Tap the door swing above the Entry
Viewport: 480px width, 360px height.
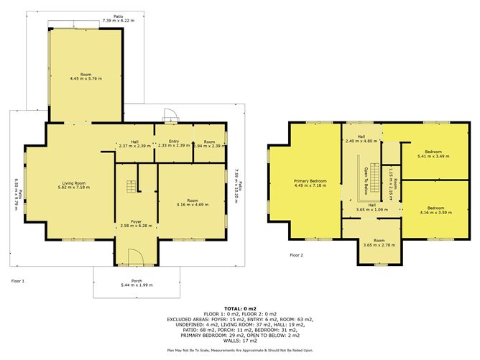click(x=168, y=116)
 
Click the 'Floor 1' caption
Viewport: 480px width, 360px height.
click(x=19, y=281)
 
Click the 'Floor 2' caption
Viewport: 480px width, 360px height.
click(x=297, y=254)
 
